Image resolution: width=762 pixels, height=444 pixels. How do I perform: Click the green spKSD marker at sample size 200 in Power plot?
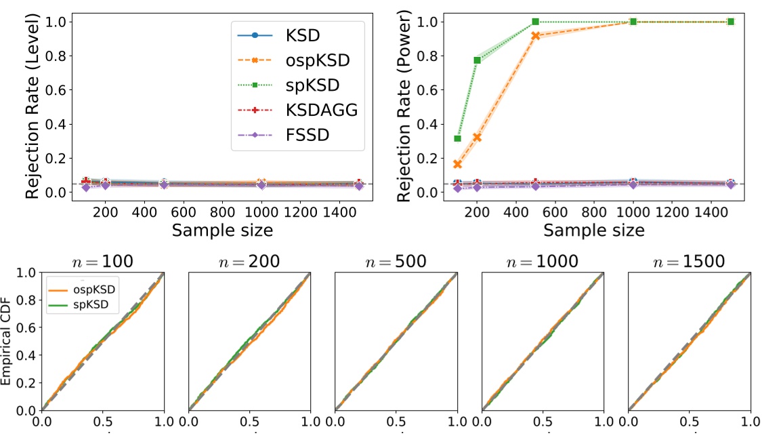point(478,60)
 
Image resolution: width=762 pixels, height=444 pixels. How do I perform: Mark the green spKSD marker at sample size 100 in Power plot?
point(458,138)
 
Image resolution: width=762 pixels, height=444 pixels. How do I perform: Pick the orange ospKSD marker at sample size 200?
point(478,137)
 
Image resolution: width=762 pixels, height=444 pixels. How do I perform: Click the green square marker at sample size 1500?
point(731,22)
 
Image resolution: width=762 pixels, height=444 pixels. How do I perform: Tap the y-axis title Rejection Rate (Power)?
point(404,107)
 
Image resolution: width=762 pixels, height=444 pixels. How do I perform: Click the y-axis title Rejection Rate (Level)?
point(33,107)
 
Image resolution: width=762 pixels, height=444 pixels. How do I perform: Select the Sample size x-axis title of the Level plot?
point(222,230)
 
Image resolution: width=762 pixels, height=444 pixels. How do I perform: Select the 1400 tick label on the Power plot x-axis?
point(711,211)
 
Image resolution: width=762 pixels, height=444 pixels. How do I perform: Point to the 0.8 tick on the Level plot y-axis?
point(58,56)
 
